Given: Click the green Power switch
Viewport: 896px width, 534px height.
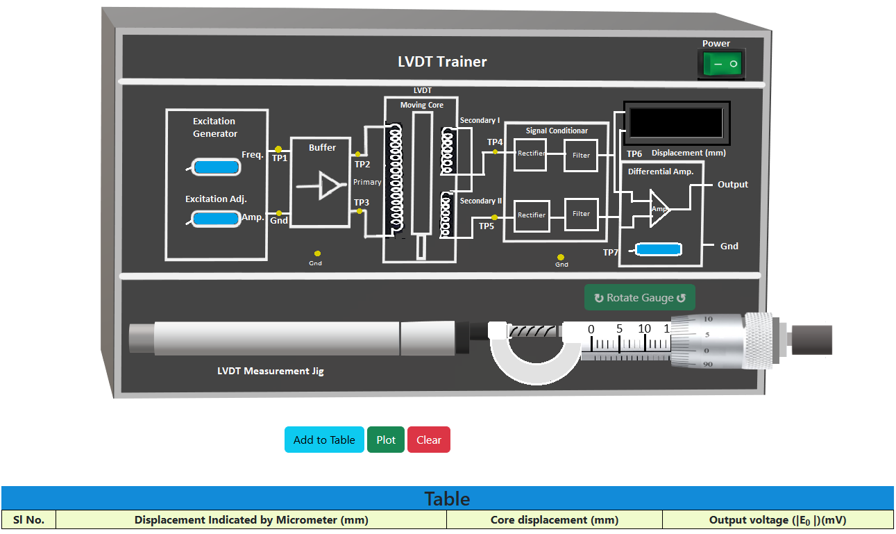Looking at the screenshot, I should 722,65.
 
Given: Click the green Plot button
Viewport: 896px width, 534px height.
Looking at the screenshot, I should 386,440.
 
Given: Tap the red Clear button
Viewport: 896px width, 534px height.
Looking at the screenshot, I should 429,440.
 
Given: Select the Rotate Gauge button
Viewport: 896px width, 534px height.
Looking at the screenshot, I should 639,297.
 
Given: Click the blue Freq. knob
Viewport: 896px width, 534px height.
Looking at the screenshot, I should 216,167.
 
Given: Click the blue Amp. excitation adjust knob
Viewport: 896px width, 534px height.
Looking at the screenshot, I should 216,219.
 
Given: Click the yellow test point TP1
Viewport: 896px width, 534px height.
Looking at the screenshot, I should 278,149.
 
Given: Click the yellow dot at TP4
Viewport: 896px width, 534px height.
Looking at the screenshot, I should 495,151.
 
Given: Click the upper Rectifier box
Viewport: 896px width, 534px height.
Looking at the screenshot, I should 531,153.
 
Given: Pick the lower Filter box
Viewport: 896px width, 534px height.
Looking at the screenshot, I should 581,214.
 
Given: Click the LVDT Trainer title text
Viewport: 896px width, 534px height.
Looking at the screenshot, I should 442,62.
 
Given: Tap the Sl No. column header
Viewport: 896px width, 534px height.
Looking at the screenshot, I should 29,519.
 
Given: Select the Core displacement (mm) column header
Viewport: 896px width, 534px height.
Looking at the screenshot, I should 554,519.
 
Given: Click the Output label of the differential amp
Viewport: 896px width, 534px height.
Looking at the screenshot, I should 733,185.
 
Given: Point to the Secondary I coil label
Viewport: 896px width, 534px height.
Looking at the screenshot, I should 480,121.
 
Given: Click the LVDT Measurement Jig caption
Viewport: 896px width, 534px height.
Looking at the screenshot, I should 271,371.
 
